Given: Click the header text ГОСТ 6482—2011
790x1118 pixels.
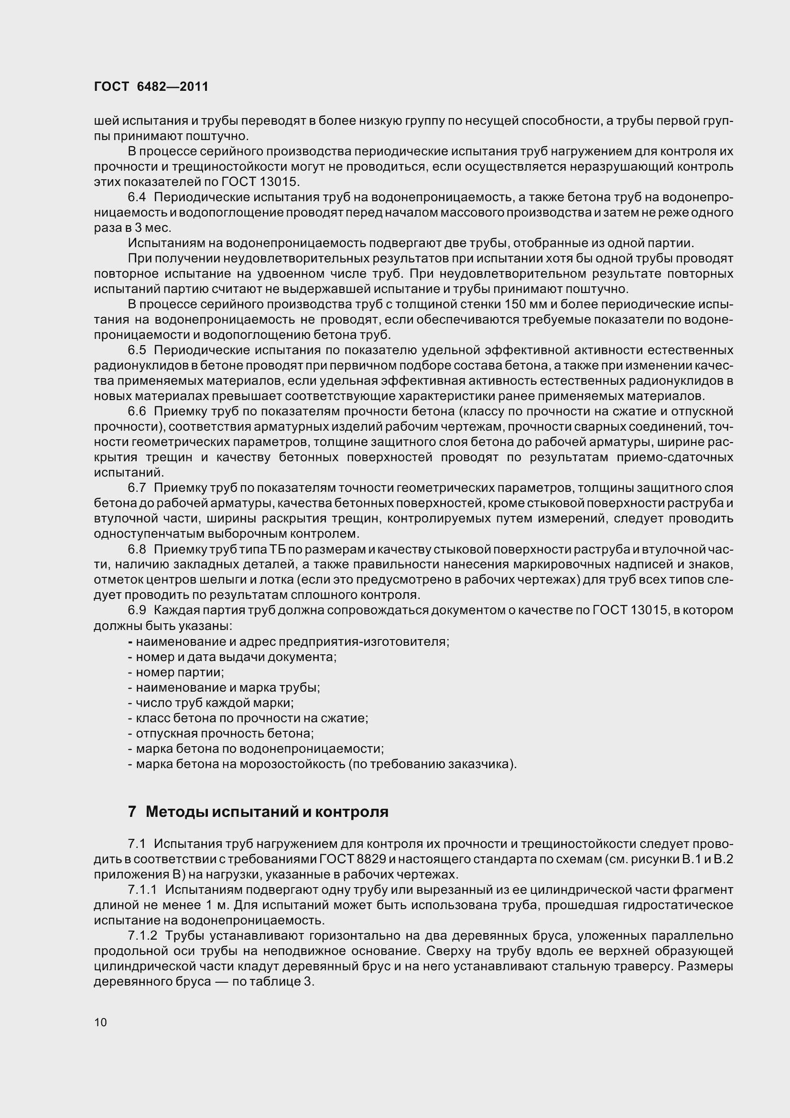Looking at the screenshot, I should pos(151,87).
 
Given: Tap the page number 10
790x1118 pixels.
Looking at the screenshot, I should pos(100,1022).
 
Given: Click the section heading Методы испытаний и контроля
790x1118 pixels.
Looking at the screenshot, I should pos(267,812).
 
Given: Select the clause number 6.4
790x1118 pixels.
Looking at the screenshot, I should pos(137,197).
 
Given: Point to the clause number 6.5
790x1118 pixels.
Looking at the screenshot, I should pos(137,350).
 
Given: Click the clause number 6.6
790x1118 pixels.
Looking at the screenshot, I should pos(137,411).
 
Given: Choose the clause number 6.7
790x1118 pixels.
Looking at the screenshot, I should pos(137,488).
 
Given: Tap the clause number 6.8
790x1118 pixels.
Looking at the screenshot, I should pos(137,549).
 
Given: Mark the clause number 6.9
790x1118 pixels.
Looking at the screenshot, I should pos(137,610).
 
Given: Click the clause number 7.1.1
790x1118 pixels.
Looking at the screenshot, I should pos(142,890).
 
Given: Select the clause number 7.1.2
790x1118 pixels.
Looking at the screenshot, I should pos(142,935).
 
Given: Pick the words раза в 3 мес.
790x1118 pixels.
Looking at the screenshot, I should pos(132,228).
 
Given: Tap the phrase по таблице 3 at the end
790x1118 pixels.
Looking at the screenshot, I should pos(273,982).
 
